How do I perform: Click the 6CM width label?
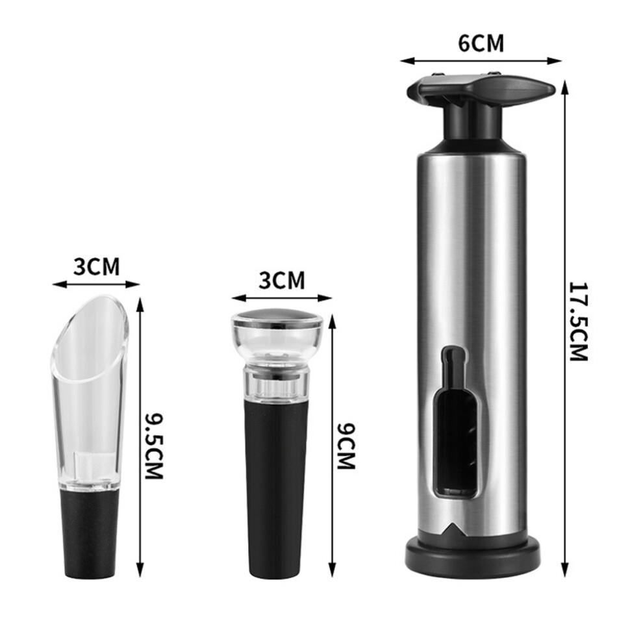tap(481, 44)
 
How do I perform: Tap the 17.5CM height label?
tap(579, 321)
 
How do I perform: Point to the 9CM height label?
tap(346, 446)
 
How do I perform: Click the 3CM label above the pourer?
tap(97, 266)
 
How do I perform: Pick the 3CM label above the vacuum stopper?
tap(282, 281)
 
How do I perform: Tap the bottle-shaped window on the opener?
tap(456, 422)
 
